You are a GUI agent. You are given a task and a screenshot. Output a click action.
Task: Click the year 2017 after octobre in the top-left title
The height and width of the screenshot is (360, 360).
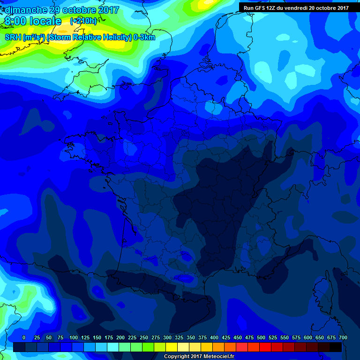(x=106, y=10)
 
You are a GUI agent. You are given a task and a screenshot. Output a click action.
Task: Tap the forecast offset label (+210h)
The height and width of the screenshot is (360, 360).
(x=83, y=21)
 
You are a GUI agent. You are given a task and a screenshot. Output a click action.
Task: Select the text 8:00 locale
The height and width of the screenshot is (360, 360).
(x=33, y=22)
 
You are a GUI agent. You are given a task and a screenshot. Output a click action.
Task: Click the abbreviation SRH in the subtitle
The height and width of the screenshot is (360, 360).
(x=13, y=37)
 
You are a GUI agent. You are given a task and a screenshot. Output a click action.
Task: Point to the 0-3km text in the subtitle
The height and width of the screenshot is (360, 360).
(x=144, y=37)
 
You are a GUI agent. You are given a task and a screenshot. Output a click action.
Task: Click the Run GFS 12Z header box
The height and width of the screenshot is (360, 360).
(x=296, y=7)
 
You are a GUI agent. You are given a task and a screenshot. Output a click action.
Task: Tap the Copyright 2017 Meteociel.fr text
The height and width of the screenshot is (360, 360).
(x=199, y=357)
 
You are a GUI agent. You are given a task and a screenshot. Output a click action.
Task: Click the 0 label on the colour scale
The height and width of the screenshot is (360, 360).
(x=24, y=337)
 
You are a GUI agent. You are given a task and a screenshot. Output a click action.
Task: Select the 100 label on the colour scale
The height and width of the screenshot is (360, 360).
(x=74, y=337)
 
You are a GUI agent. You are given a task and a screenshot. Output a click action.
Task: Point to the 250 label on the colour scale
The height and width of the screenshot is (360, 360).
(x=144, y=337)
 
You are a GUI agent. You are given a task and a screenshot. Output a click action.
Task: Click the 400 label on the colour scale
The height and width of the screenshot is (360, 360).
(x=214, y=337)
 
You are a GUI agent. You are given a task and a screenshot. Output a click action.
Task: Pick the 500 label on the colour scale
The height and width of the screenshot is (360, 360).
(x=261, y=337)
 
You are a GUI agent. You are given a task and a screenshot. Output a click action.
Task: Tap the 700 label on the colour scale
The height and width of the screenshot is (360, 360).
(x=343, y=337)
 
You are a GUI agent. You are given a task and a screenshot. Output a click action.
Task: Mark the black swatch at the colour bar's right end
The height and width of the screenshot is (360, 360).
(x=336, y=347)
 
